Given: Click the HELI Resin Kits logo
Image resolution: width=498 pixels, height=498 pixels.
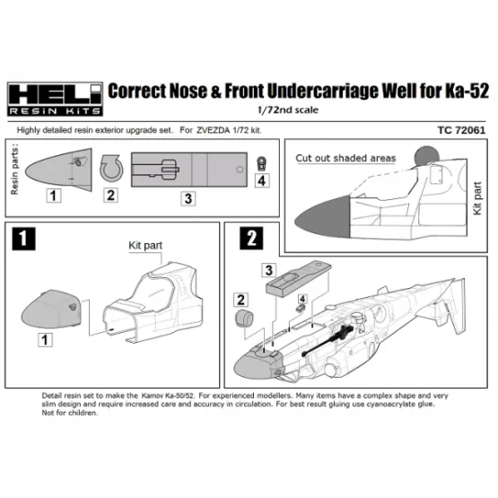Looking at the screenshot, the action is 55,99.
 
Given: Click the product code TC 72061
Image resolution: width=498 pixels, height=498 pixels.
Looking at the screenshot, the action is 461,130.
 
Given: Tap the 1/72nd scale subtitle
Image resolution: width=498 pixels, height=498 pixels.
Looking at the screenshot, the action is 288,109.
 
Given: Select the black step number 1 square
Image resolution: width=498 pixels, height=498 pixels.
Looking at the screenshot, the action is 23,239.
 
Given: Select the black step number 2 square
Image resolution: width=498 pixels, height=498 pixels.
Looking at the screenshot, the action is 251,238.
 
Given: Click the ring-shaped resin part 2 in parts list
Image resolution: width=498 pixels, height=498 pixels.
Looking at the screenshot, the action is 111,168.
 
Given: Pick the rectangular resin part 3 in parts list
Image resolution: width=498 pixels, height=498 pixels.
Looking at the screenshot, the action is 189,170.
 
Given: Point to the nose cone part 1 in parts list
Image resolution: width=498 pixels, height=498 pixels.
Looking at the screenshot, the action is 58,170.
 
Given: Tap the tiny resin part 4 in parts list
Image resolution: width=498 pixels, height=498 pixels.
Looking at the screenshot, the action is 261,163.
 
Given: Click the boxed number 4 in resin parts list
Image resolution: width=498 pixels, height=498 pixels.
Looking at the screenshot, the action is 262,180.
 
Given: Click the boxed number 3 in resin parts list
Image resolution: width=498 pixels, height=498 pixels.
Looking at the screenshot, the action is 188,199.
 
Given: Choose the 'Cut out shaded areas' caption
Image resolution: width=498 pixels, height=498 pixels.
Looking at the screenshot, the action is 345,158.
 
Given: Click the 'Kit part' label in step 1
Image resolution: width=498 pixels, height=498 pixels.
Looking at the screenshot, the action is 145,246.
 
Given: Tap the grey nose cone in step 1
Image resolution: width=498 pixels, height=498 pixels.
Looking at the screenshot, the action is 51,309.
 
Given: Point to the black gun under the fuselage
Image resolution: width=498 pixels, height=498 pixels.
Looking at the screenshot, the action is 328,341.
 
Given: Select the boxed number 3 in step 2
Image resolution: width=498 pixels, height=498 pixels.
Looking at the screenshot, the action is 268,270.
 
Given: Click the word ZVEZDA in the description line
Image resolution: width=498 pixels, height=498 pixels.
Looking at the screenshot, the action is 213,130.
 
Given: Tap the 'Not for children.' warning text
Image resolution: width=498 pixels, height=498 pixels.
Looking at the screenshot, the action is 70,413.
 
